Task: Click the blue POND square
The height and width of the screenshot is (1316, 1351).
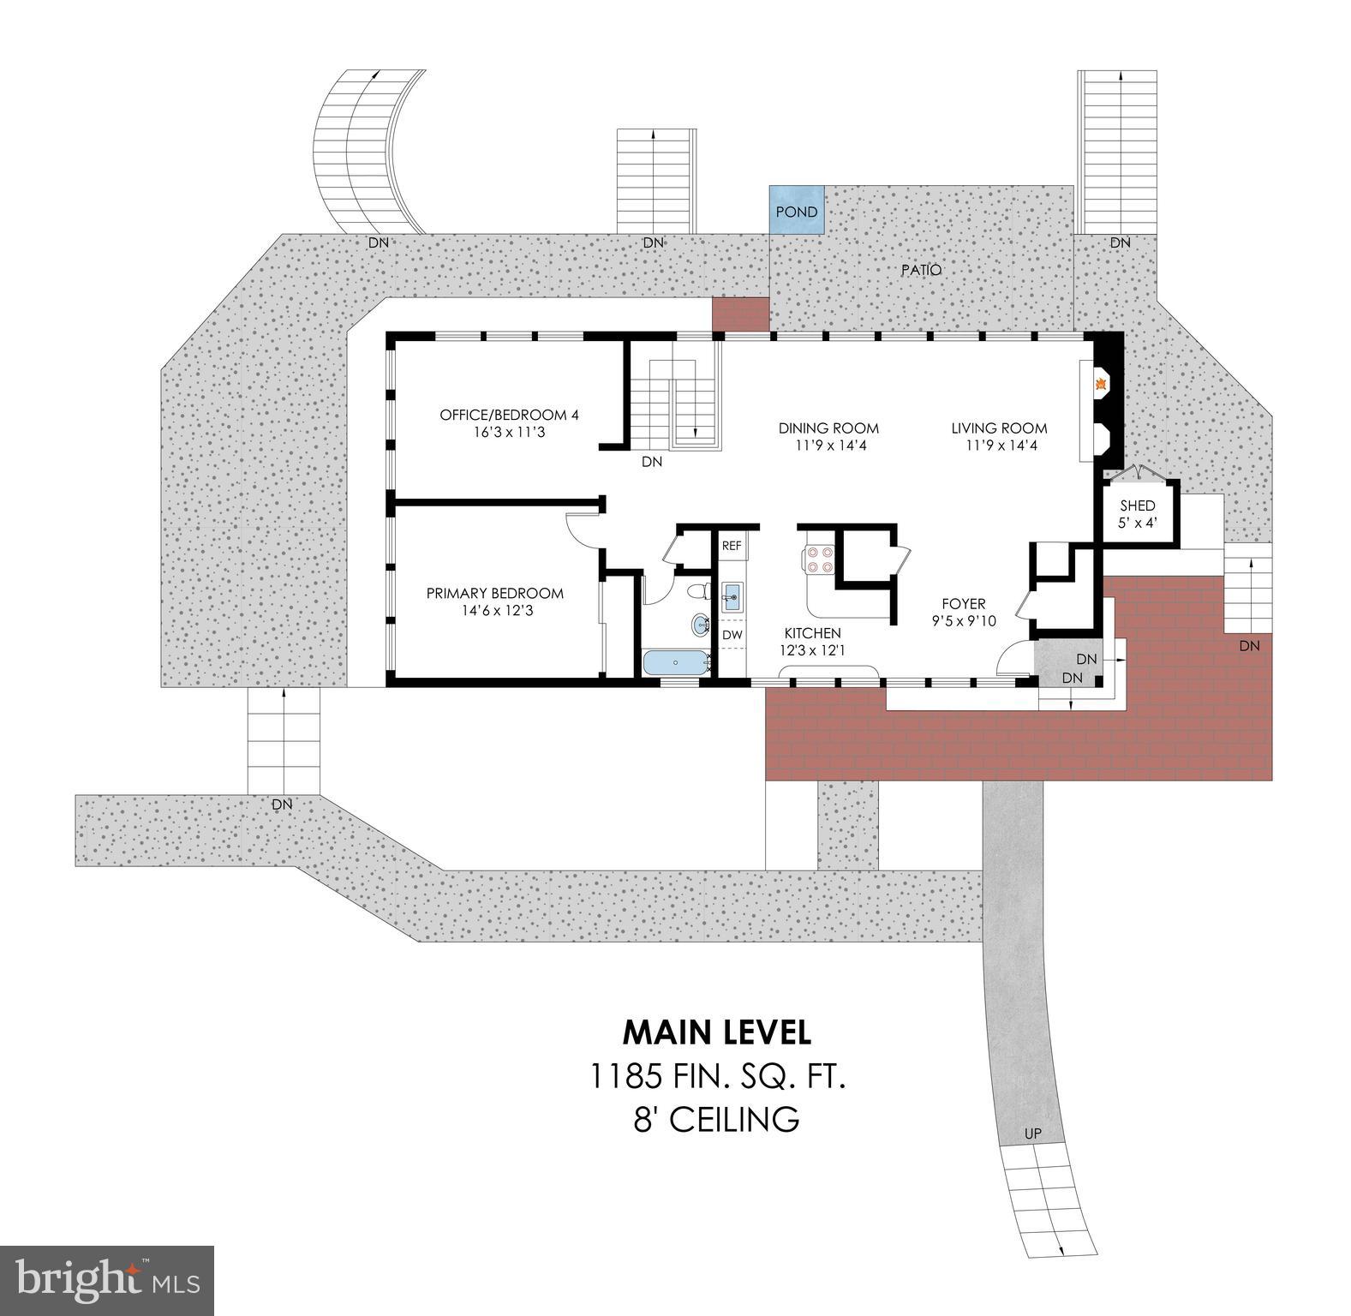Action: click(x=797, y=211)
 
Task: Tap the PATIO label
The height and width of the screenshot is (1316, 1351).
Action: click(x=921, y=270)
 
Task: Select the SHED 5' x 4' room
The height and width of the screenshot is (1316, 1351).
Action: click(x=1137, y=512)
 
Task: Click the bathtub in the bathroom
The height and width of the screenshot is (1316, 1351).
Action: click(x=676, y=662)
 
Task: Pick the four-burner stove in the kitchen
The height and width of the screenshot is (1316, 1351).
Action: click(x=816, y=559)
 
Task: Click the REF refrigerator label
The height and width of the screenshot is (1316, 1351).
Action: click(x=731, y=546)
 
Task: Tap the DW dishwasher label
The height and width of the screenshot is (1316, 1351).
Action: click(x=732, y=635)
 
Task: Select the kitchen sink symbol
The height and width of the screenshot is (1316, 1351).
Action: click(x=731, y=596)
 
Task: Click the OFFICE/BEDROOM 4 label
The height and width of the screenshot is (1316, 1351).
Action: click(x=509, y=415)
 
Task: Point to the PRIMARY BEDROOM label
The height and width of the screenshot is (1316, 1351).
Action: click(x=494, y=593)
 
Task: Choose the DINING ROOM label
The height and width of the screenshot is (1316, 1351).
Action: click(x=828, y=428)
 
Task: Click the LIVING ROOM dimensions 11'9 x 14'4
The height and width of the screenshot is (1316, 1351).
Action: click(x=999, y=446)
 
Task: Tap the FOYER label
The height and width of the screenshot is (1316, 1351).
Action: click(x=964, y=603)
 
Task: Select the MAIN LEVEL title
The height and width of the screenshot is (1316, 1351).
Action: click(x=716, y=1032)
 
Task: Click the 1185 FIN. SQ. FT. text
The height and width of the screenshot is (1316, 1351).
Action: click(x=718, y=1076)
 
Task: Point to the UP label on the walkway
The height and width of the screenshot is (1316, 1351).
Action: click(x=1033, y=1134)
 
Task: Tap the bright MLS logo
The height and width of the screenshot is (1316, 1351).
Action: click(x=107, y=1279)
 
